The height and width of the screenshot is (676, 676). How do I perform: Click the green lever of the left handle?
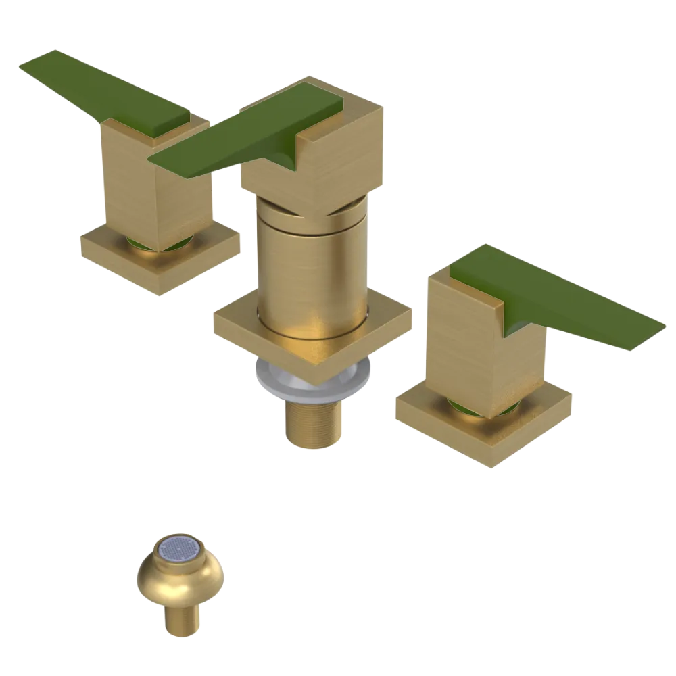point(101,95)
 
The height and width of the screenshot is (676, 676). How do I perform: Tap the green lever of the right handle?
point(561,297)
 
